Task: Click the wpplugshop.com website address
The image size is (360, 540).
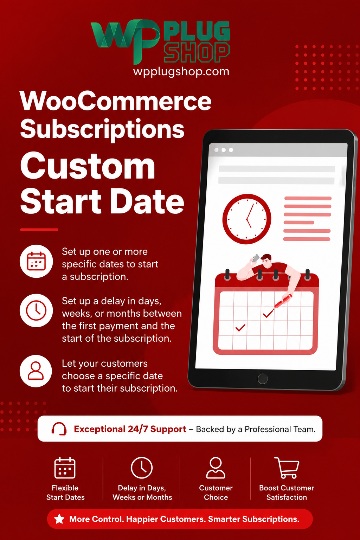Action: coord(181,72)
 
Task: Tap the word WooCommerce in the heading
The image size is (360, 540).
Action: coord(116,101)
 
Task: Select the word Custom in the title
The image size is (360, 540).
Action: coord(88,166)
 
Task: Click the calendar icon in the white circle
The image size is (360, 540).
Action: coord(37,261)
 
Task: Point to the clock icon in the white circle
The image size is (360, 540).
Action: coord(36,310)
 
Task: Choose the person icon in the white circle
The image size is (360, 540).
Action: coord(36,371)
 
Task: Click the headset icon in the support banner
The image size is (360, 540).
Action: coord(59,429)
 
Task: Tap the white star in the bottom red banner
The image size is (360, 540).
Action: coord(59,519)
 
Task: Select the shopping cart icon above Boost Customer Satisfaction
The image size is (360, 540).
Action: coord(287,468)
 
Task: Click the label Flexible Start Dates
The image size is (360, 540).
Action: coord(65,492)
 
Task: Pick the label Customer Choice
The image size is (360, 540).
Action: coord(216,492)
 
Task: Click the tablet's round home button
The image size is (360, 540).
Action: coord(263,379)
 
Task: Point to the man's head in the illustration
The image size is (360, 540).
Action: coord(266,261)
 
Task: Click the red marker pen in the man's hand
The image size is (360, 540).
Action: coord(283,301)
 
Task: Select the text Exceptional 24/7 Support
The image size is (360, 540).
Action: coord(130,429)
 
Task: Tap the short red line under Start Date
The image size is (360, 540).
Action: coord(39,230)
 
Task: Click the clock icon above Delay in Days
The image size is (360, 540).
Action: coord(142,468)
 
